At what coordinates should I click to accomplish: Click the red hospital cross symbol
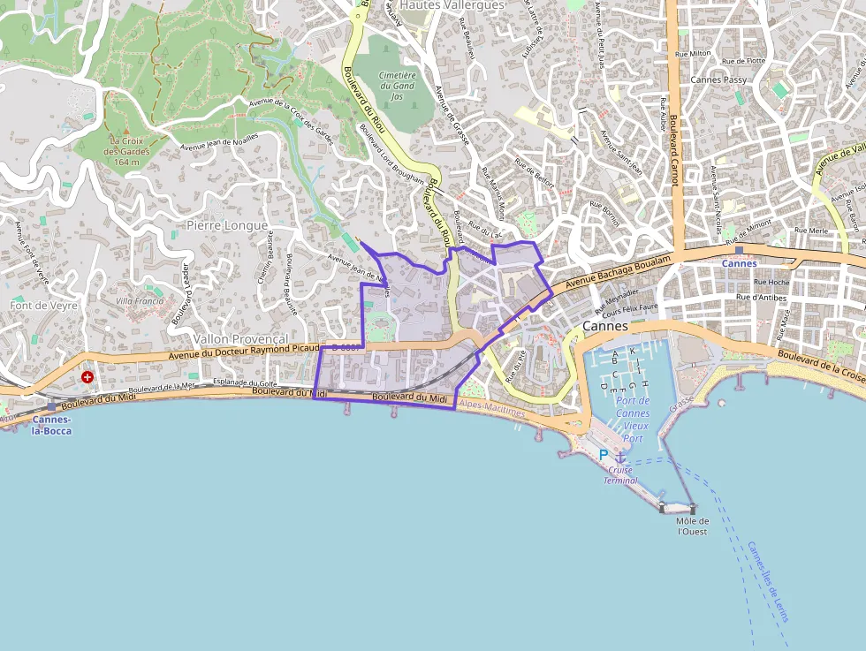click(x=87, y=377)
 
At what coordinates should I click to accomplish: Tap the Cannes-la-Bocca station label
click(x=50, y=425)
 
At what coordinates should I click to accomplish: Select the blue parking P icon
click(x=604, y=454)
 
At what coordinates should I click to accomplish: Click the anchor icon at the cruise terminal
click(x=620, y=457)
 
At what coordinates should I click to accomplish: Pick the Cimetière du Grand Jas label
click(x=397, y=86)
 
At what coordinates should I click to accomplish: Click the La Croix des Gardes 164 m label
click(x=127, y=151)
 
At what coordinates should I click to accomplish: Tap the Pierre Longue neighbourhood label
click(x=226, y=225)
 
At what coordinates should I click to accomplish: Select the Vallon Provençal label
click(x=240, y=339)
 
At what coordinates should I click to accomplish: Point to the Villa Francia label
click(x=140, y=300)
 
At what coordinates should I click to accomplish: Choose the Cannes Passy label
click(x=718, y=79)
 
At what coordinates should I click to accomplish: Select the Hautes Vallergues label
click(x=451, y=5)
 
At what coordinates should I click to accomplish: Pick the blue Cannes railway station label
click(x=739, y=263)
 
